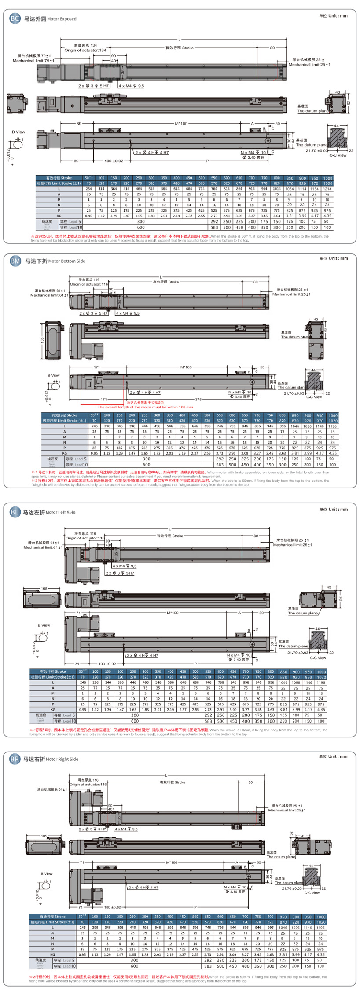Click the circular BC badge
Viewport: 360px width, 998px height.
pyautogui.click(x=15, y=18)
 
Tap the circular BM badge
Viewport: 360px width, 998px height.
pyautogui.click(x=15, y=261)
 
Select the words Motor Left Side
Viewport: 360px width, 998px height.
pyautogui.click(x=60, y=512)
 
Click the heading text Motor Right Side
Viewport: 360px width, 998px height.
pyautogui.click(x=62, y=759)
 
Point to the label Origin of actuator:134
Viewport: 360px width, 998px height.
pyautogui.click(x=85, y=50)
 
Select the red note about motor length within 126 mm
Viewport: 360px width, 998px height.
pyautogui.click(x=145, y=407)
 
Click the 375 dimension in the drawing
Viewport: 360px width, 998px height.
pyautogui.click(x=198, y=400)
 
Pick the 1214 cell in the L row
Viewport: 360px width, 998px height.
pyautogui.click(x=327, y=189)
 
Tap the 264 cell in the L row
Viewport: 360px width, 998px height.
pyautogui.click(x=88, y=189)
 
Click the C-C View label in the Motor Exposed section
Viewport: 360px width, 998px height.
pyautogui.click(x=338, y=155)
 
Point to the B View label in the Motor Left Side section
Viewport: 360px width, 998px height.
pyautogui.click(x=44, y=625)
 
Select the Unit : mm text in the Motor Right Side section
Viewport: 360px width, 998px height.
pyautogui.click(x=334, y=756)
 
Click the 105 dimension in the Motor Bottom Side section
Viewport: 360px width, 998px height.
pyautogui.click(x=43, y=340)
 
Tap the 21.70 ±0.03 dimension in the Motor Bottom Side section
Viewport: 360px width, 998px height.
pyautogui.click(x=294, y=393)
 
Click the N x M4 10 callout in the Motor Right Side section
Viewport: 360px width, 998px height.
pyautogui.click(x=235, y=887)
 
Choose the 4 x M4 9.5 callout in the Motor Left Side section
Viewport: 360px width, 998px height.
pyautogui.click(x=125, y=566)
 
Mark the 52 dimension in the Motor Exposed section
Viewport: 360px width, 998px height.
pyautogui.click(x=349, y=103)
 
